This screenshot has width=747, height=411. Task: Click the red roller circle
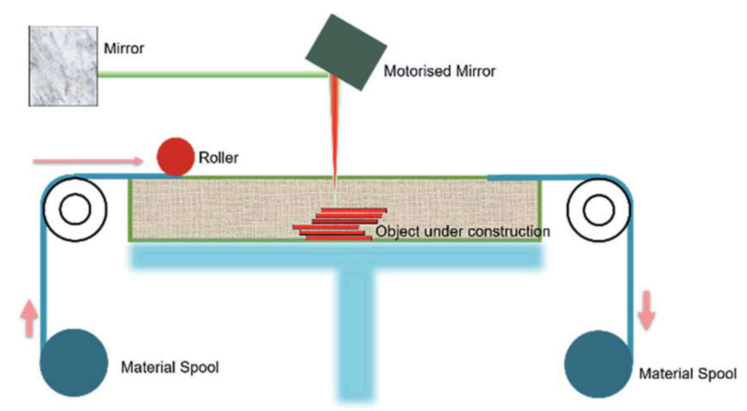coord(175,157)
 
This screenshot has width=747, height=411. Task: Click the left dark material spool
coord(74,363)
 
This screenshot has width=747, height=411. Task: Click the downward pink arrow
coord(646,310)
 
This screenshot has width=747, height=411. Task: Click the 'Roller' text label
coord(218,158)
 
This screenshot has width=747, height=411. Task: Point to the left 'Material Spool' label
coord(170,367)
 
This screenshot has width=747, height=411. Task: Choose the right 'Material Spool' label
coord(688,374)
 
